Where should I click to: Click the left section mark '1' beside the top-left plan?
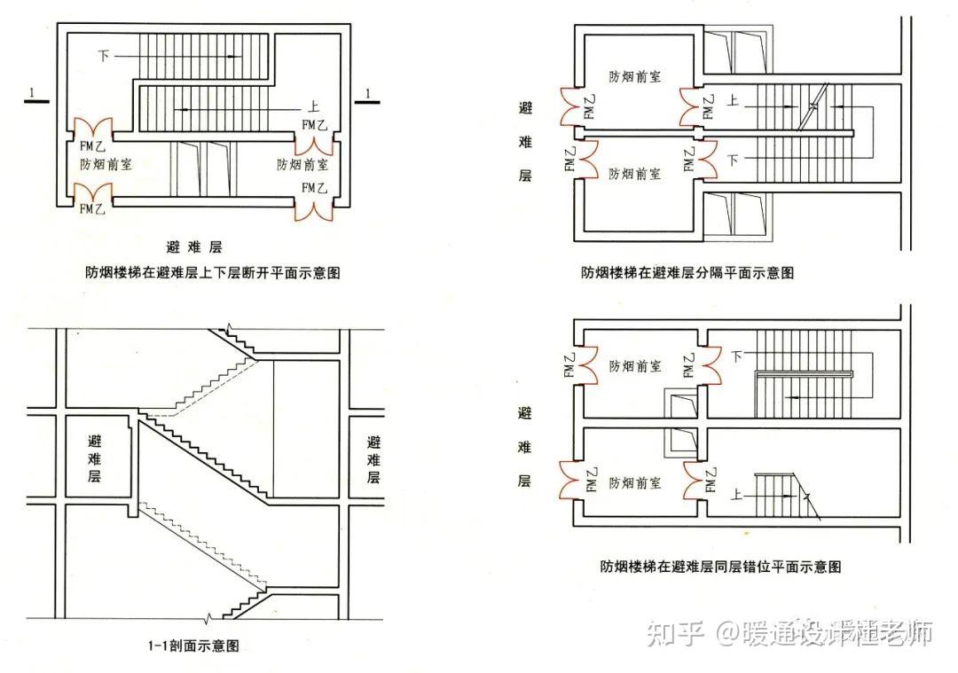coord(32,93)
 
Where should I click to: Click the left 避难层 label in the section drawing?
coord(94,458)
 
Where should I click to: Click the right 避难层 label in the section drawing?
coord(373,458)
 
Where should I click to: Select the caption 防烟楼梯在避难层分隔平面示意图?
coord(687,273)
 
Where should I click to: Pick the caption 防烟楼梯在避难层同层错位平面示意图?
coord(719,566)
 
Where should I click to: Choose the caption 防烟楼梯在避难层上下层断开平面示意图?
coord(207,273)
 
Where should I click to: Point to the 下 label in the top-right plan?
coord(733,160)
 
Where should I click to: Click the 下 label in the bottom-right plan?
coord(736,356)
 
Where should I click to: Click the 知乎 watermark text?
coord(675,633)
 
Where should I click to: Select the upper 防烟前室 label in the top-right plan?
coord(634,76)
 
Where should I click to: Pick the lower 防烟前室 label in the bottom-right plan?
coord(634,483)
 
